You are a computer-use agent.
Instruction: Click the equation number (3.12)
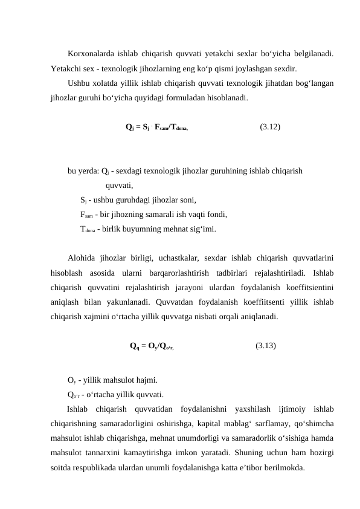[x=269, y=128]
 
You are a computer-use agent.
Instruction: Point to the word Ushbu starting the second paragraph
[x=80, y=83]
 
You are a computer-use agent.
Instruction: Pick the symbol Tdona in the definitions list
[x=88, y=229]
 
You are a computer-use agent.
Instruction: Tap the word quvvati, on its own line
[x=119, y=186]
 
